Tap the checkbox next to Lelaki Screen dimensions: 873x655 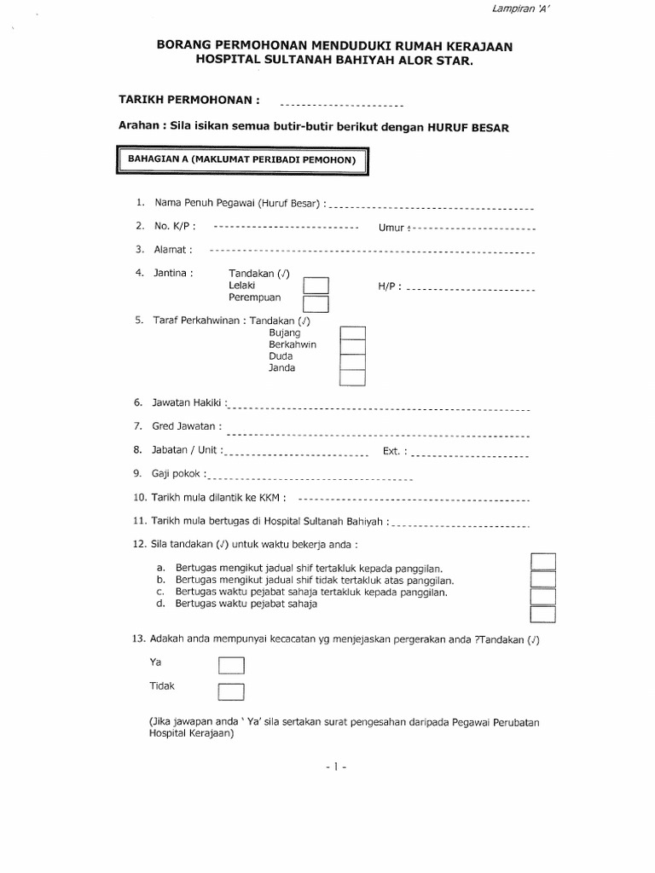pos(316,285)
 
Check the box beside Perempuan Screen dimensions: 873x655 pos(316,303)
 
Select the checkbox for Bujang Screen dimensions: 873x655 pos(352,333)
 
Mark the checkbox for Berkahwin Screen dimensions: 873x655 pos(352,347)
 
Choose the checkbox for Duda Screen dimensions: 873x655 pos(352,361)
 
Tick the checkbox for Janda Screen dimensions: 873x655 pos(352,376)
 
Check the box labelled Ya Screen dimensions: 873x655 pos(231,665)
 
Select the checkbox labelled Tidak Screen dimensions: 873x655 pos(231,691)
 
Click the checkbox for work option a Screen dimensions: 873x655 pos(543,561)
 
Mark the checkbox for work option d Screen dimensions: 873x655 pos(543,615)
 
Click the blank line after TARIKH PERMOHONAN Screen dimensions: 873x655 pos(341,106)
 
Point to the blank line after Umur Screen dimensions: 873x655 pos(473,229)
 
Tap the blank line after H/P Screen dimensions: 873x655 pos(470,291)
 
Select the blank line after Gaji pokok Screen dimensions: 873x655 pos(310,478)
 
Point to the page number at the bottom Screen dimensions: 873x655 pos(333,766)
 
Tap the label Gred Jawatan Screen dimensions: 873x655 pos(187,425)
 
